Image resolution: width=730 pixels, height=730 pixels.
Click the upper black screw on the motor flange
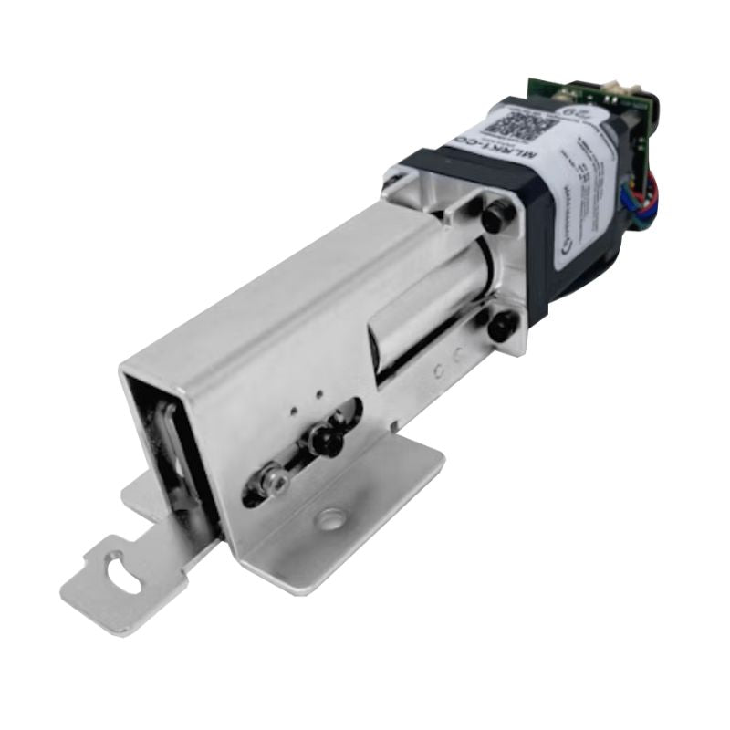(494, 218)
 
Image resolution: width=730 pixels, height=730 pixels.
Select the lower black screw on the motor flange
(501, 326)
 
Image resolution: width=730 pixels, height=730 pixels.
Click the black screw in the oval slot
(325, 441)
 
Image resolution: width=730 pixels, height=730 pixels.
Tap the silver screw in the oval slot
(271, 479)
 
